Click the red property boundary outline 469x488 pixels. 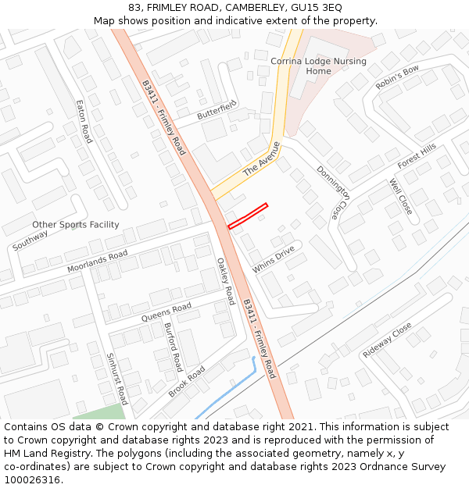tap(248, 216)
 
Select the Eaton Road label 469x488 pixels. tap(84, 121)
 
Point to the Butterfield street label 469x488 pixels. tap(217, 111)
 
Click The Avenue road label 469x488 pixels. tap(261, 159)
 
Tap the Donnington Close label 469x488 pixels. tap(332, 192)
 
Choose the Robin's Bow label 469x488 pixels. tap(397, 77)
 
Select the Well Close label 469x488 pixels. tap(400, 197)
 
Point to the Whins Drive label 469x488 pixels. tap(273, 259)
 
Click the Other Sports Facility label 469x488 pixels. tap(76, 225)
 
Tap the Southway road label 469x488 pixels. tap(30, 240)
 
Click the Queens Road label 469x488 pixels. tap(166, 312)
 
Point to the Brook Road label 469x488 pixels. tap(186, 381)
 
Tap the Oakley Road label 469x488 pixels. tap(225, 281)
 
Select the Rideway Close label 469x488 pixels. tap(387, 340)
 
